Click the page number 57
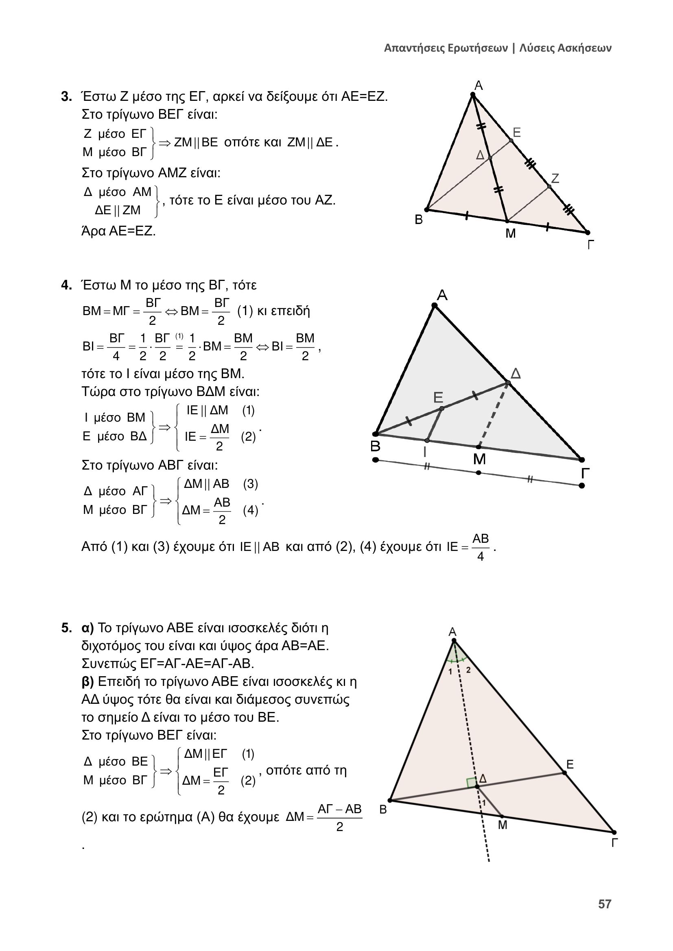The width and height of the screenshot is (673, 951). [605, 904]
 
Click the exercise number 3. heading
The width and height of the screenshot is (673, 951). [66, 97]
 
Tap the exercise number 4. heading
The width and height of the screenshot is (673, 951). [66, 285]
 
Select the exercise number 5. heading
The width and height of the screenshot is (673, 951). [66, 628]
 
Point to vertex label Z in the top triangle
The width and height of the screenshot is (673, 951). [555, 178]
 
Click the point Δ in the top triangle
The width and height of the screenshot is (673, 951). [489, 158]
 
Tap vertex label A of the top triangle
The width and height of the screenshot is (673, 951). [478, 86]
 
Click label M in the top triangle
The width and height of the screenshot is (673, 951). [511, 234]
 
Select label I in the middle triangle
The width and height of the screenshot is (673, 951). [425, 452]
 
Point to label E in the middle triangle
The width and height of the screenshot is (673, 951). [438, 398]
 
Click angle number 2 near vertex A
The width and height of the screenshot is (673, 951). [468, 670]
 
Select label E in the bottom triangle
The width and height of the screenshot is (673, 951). [570, 765]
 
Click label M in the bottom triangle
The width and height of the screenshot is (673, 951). [502, 825]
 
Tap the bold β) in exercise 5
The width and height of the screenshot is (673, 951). [88, 682]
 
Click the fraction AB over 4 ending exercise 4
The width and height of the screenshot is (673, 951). [480, 548]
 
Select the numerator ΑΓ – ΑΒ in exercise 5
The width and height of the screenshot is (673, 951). [339, 809]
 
